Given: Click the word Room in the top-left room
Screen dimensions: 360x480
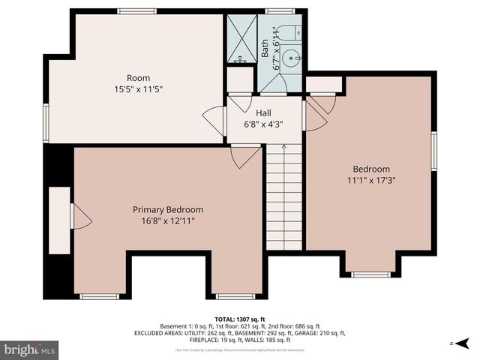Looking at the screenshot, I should pos(138,78).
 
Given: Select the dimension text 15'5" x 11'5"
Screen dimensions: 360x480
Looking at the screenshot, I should pos(138,88).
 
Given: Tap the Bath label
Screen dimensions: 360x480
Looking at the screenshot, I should pos(265,49).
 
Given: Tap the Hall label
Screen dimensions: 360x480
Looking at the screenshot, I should pos(263,112).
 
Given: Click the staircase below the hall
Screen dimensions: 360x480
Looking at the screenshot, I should pos(283,199).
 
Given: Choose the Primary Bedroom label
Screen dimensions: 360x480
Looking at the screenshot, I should pos(168,209).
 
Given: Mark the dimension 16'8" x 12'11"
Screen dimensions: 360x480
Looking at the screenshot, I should pos(168,220).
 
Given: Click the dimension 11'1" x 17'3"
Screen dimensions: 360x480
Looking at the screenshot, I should pos(371,180).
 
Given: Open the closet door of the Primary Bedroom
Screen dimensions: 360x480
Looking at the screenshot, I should pos(79,217).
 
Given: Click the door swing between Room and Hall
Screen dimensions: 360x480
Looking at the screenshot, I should pos(214,120).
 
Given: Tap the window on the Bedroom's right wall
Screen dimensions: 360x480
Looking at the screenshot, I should pos(433,151).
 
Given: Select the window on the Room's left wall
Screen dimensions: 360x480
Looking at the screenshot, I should pos(46,122).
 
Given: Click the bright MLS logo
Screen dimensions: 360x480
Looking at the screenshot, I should pos(30,349).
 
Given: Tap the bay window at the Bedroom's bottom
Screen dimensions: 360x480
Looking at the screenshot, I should pos(371,274).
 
